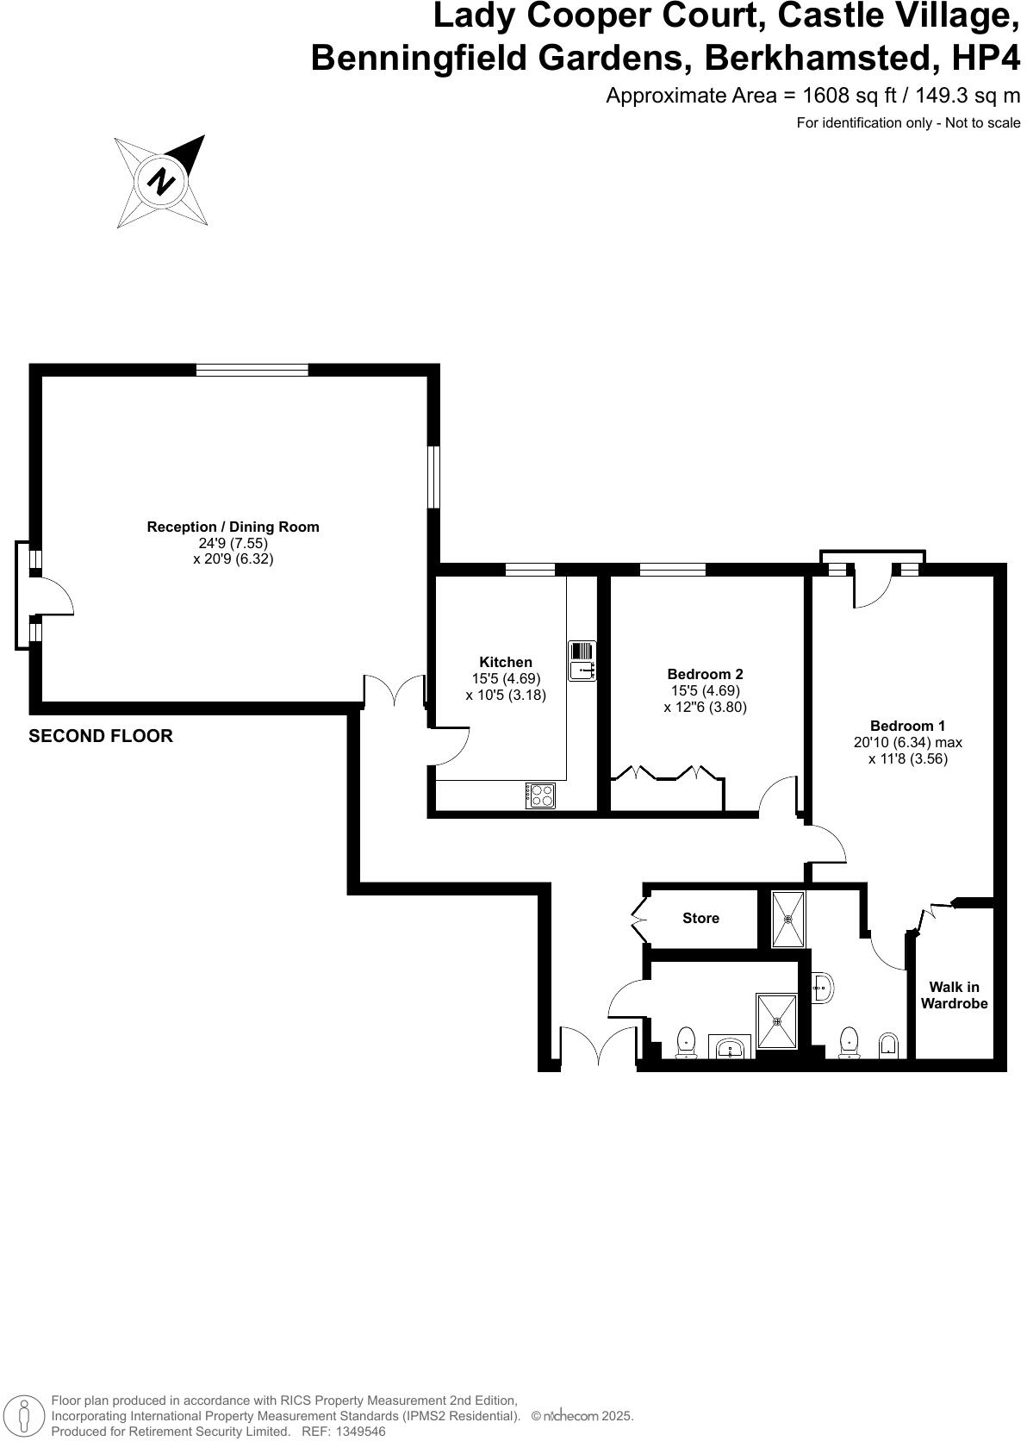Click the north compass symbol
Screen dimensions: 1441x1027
click(162, 181)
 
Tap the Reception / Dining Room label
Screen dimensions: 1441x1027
click(233, 527)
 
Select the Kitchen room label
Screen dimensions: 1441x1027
click(506, 662)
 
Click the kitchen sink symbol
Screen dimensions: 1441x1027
click(582, 660)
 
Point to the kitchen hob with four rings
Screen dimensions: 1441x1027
click(541, 795)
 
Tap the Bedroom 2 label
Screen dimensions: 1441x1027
click(705, 674)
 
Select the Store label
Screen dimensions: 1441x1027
click(700, 918)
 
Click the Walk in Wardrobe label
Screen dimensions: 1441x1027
click(954, 995)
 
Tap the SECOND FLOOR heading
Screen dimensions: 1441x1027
click(101, 736)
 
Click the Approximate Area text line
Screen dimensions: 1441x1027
click(812, 96)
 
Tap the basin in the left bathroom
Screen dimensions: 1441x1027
click(731, 1048)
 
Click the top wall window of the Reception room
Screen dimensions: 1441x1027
click(252, 370)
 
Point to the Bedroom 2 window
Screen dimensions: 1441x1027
click(673, 569)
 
